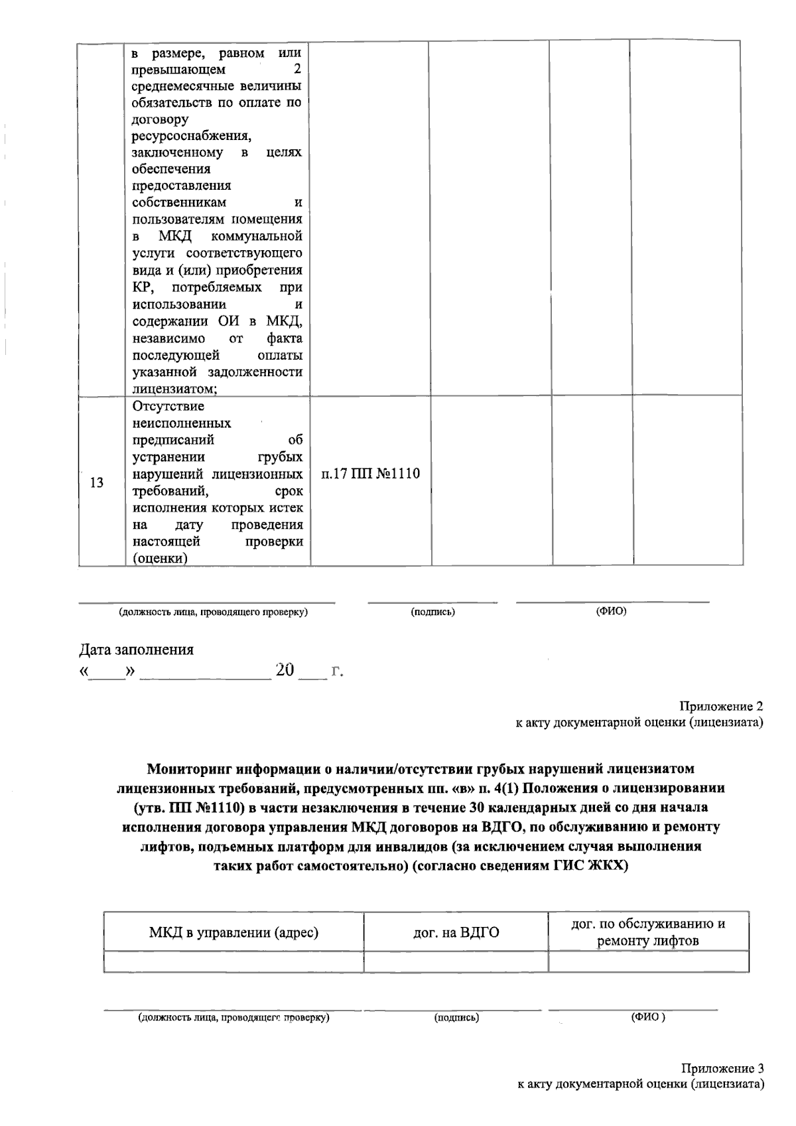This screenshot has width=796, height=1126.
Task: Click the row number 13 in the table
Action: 97,482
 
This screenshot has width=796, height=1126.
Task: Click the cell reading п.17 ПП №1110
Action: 370,474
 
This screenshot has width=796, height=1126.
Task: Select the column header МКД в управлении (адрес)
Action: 233,933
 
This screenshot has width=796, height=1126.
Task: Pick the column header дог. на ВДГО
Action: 456,933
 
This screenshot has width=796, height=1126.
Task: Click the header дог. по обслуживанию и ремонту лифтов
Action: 648,932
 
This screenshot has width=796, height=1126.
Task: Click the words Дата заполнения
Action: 137,650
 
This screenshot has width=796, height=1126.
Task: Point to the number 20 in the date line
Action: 285,670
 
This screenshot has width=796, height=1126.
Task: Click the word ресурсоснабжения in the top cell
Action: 191,136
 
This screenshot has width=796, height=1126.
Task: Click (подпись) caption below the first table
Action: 432,612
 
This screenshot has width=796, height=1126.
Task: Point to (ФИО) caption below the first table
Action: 611,611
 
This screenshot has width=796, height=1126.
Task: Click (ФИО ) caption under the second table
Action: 647,1017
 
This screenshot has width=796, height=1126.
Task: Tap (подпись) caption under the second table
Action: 456,1017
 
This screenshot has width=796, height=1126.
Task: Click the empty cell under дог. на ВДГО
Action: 456,961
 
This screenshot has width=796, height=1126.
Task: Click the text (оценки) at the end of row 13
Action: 160,559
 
